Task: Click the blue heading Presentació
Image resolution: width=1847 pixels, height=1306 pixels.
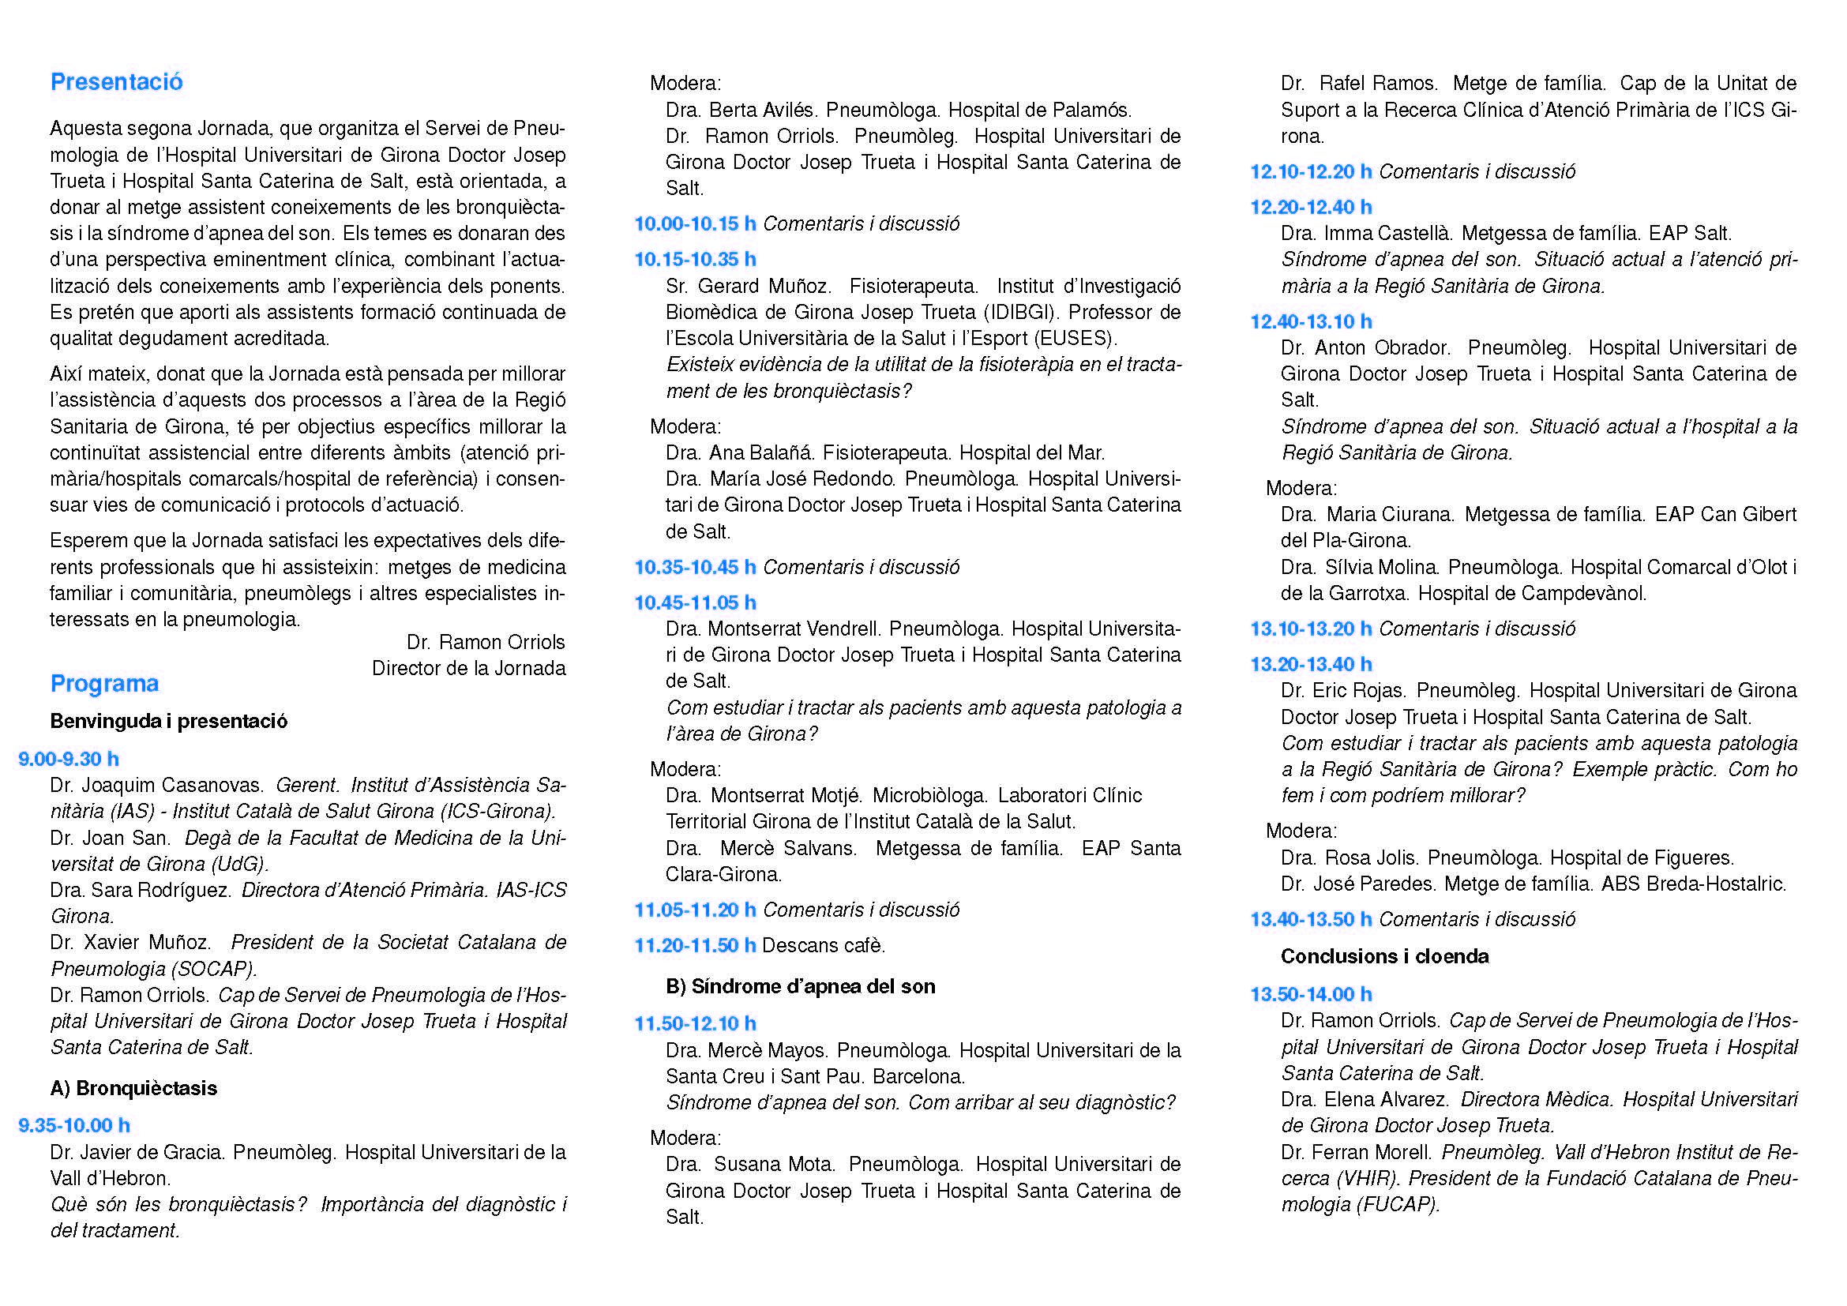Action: pyautogui.click(x=117, y=82)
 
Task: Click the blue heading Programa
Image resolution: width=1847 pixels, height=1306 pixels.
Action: pyautogui.click(x=104, y=684)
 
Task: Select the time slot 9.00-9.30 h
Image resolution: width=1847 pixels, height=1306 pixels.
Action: pyautogui.click(x=69, y=759)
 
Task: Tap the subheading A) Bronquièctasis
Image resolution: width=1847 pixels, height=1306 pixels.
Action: pyautogui.click(x=133, y=1088)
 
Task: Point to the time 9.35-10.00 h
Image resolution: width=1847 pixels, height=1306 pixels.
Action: pyautogui.click(x=74, y=1125)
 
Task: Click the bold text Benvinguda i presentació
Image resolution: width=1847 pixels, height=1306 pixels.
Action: pyautogui.click(x=169, y=721)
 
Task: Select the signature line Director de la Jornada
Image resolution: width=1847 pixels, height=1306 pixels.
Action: pyautogui.click(x=468, y=668)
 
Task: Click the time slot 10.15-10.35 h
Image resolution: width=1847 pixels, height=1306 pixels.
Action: pyautogui.click(x=695, y=259)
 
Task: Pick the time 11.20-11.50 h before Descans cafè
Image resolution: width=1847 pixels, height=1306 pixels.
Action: pyautogui.click(x=695, y=945)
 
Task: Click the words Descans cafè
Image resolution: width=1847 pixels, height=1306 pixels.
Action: pyautogui.click(x=823, y=945)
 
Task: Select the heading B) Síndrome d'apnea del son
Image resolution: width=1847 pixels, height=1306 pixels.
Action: pyautogui.click(x=801, y=986)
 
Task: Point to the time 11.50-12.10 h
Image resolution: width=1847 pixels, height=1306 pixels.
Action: pyautogui.click(x=695, y=1024)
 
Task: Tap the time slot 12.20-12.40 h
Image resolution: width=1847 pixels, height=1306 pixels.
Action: pyautogui.click(x=1311, y=207)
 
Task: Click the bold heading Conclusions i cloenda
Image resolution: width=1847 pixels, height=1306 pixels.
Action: pyautogui.click(x=1384, y=956)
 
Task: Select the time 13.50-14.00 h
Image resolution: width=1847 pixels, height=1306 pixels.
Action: pyautogui.click(x=1311, y=994)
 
